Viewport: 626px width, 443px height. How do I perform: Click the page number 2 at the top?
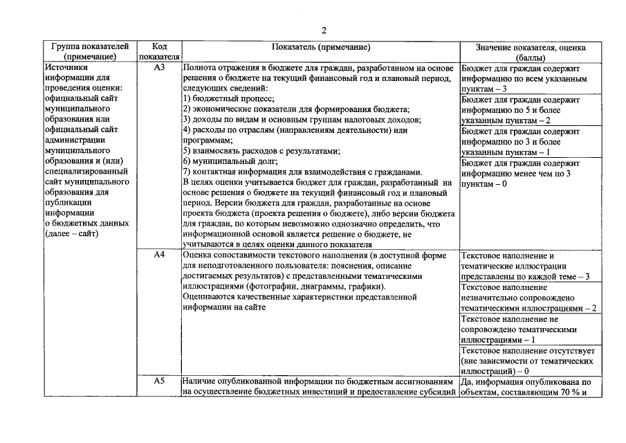pos(323,30)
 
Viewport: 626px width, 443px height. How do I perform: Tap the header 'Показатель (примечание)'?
pos(321,47)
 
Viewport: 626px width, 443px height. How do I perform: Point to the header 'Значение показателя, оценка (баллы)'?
pos(531,52)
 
